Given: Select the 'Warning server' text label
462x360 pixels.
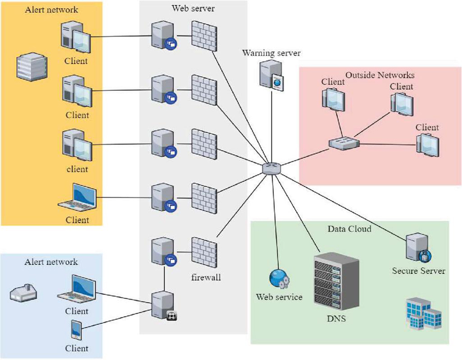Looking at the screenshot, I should click(272, 53).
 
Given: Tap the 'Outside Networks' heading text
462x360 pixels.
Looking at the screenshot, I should click(380, 75).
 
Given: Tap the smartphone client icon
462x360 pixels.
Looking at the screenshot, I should click(76, 330).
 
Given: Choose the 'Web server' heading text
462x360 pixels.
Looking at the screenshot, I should click(194, 9).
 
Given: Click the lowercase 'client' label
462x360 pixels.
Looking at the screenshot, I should click(77, 169).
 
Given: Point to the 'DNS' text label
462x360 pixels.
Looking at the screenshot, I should click(336, 319).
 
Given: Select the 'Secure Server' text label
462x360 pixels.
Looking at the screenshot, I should click(419, 270).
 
